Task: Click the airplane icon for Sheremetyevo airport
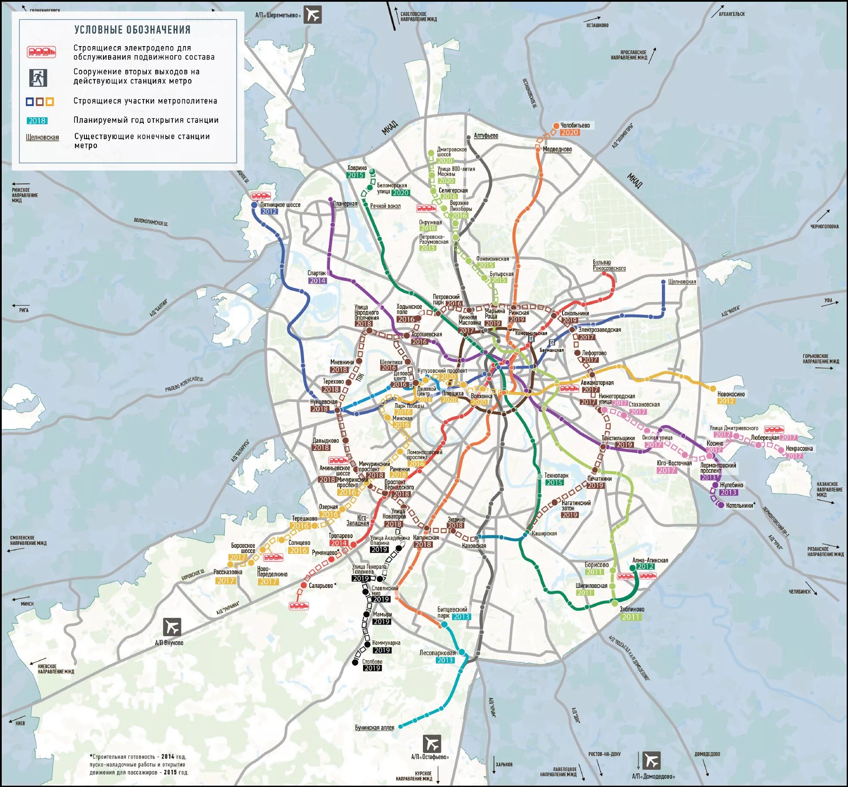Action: (x=313, y=15)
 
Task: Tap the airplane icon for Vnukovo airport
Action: (x=172, y=627)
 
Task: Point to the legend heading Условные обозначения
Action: (x=132, y=30)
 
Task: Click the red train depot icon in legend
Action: (x=41, y=52)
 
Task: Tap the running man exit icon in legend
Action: (x=38, y=78)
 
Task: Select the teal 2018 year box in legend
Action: (x=37, y=121)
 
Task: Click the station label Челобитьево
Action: (x=575, y=125)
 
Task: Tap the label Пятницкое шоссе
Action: (x=280, y=205)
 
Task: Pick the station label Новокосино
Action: (x=731, y=394)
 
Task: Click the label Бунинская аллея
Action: (x=374, y=728)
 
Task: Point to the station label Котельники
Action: (x=739, y=505)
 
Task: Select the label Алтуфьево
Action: (x=486, y=135)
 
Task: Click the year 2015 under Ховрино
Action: (x=356, y=175)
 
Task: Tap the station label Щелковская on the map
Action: (x=682, y=282)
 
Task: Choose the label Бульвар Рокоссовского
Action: (x=609, y=265)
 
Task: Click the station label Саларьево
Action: (x=321, y=585)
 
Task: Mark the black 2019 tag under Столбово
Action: (x=372, y=668)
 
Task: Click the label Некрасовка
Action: (x=799, y=448)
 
